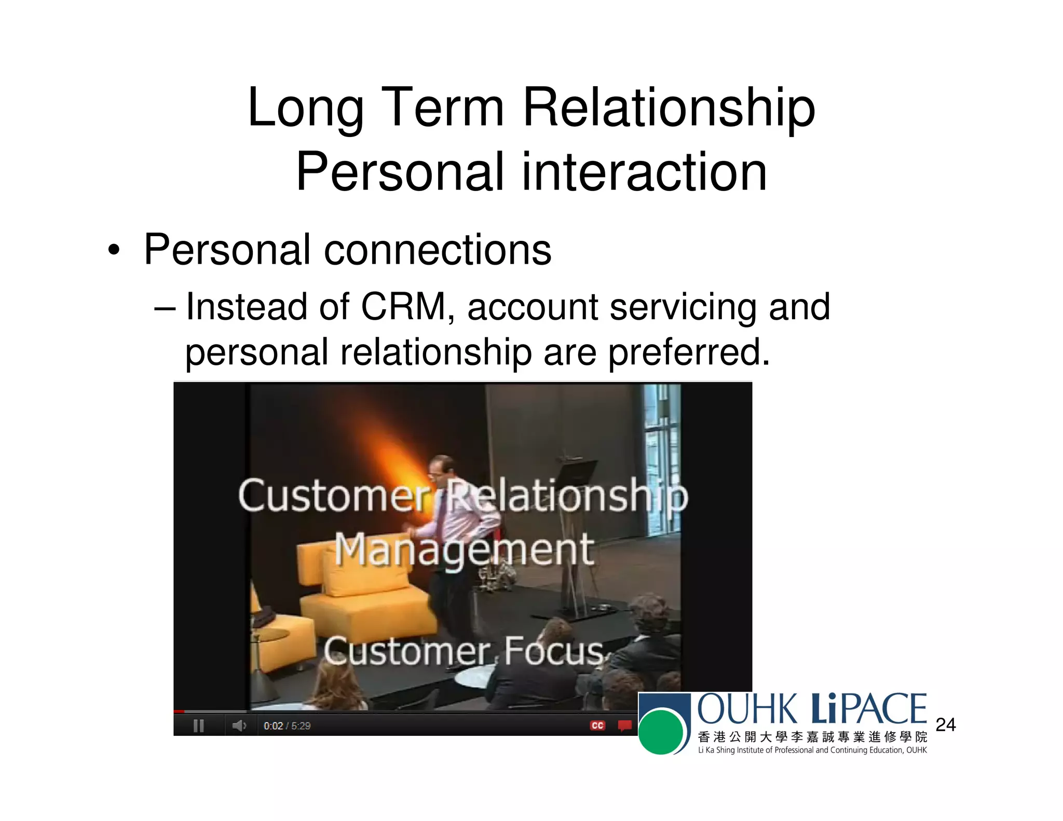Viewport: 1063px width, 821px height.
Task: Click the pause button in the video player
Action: pyautogui.click(x=198, y=726)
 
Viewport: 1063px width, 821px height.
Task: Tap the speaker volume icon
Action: pyautogui.click(x=239, y=726)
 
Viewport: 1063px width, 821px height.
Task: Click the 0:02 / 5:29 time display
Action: pyautogui.click(x=287, y=726)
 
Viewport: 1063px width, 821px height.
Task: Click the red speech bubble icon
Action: pyautogui.click(x=624, y=725)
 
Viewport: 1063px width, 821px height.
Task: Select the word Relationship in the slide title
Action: pyautogui.click(x=669, y=107)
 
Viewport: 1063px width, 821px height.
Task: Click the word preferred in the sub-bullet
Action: pyautogui.click(x=688, y=352)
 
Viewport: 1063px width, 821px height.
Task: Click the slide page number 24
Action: pyautogui.click(x=945, y=724)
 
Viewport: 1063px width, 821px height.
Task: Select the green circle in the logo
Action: pyautogui.click(x=660, y=732)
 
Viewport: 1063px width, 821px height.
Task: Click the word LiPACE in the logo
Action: pyautogui.click(x=868, y=709)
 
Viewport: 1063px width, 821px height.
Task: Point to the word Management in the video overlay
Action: pyautogui.click(x=464, y=551)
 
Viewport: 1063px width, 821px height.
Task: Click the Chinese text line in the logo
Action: pyautogui.click(x=812, y=737)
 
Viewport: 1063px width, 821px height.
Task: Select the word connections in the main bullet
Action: pyautogui.click(x=438, y=250)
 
